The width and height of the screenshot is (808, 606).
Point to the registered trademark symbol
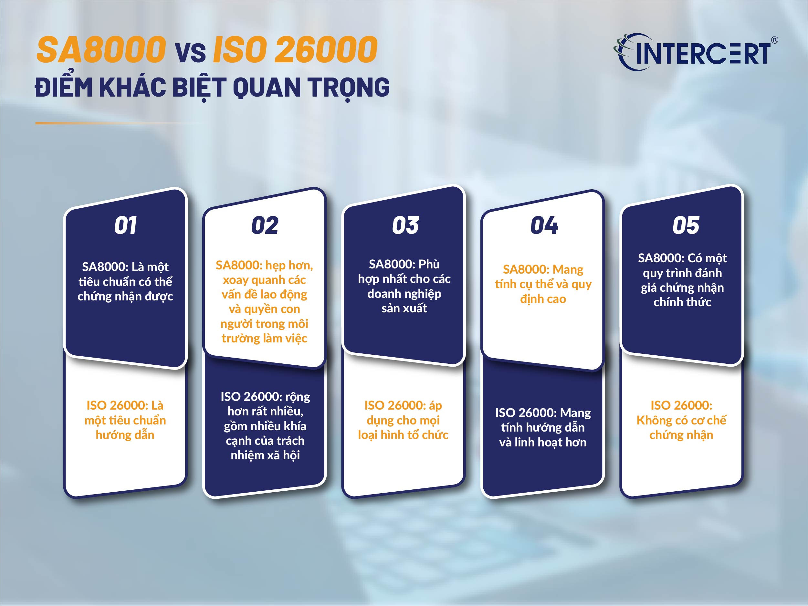pyautogui.click(x=774, y=40)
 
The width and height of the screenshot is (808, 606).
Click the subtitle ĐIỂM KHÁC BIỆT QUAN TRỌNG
pyautogui.click(x=212, y=88)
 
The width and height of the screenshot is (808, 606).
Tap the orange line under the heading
pyautogui.click(x=110, y=123)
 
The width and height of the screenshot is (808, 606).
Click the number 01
pyautogui.click(x=126, y=225)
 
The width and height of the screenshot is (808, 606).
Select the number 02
pyautogui.click(x=265, y=225)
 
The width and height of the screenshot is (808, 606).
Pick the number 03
pyautogui.click(x=405, y=225)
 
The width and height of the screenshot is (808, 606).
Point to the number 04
pyautogui.click(x=544, y=225)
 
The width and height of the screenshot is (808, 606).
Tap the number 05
pyautogui.click(x=686, y=225)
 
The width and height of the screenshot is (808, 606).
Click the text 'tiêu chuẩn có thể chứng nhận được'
pyautogui.click(x=125, y=288)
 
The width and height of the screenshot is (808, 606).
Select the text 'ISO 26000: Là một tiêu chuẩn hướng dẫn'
pyautogui.click(x=125, y=420)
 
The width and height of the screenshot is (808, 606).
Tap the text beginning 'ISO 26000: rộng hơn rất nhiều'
pyautogui.click(x=265, y=426)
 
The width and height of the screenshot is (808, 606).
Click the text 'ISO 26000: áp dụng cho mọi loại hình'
pyautogui.click(x=403, y=420)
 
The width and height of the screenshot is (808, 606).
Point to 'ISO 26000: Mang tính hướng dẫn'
pyautogui.click(x=543, y=427)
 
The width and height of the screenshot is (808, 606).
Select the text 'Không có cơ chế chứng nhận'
pyautogui.click(x=681, y=427)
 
